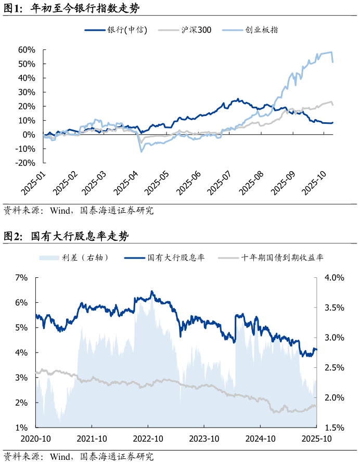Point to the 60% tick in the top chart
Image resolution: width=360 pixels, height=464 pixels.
[x=27, y=50]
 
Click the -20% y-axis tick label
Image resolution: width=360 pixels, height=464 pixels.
[x=24, y=163]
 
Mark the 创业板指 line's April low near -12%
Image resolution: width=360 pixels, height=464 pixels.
[x=140, y=151]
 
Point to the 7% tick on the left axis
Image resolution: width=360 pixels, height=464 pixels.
[x=21, y=277]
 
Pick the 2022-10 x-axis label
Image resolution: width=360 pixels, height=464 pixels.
[x=148, y=439]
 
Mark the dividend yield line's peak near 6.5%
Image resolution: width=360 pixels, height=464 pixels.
[x=152, y=291]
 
